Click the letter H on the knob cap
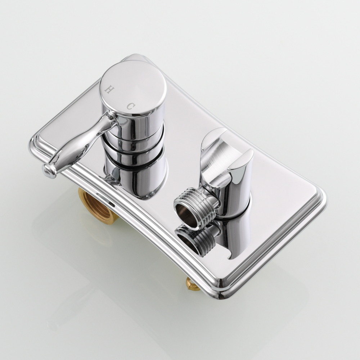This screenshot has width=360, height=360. pos(109,89)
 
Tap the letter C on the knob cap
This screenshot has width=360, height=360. pos(130,106)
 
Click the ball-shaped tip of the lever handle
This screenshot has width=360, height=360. pos(49,171)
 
